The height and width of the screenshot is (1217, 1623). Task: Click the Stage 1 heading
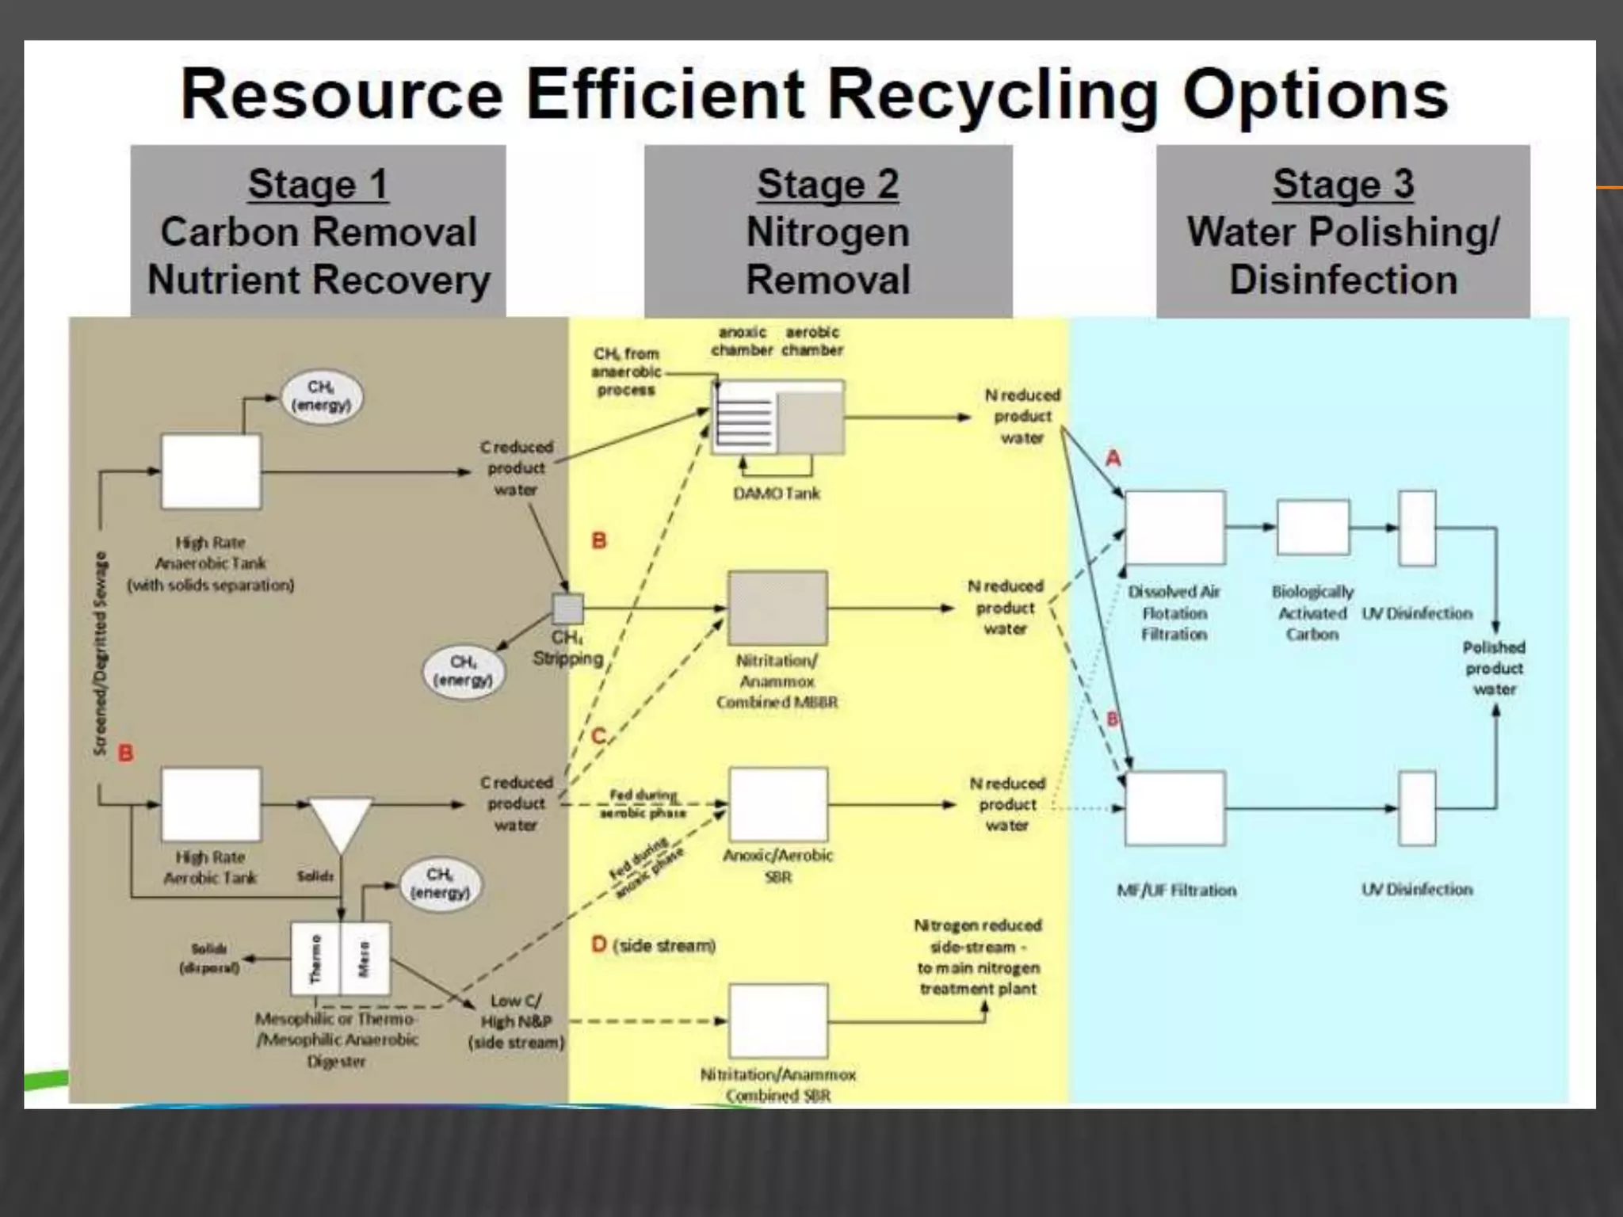pos(318,185)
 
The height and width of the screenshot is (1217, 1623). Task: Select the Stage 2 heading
pos(827,185)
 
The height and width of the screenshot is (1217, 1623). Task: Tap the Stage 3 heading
pos(1342,185)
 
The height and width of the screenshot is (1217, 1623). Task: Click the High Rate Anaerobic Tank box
pos(211,471)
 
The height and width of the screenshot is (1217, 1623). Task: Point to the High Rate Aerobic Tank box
pos(211,804)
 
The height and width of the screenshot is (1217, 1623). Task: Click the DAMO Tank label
pos(776,494)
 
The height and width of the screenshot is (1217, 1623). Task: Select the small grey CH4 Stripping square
pos(567,608)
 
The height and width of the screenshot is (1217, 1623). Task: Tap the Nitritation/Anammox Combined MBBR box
pos(777,608)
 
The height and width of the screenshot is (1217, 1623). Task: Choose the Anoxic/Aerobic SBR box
pos(778,804)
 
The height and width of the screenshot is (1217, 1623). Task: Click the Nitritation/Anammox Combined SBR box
pos(778,1021)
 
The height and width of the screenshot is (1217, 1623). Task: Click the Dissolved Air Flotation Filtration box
pos(1174,528)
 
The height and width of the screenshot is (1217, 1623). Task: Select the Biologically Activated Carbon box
pos(1312,527)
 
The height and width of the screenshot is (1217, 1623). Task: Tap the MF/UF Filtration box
pos(1174,809)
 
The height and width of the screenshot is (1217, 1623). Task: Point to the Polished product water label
pos(1494,668)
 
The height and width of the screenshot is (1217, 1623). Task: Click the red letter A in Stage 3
pos(1113,458)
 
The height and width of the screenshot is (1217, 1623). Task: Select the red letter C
pos(599,736)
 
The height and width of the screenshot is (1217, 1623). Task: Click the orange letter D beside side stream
pos(599,944)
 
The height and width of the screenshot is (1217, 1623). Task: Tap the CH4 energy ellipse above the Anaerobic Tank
pos(322,396)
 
